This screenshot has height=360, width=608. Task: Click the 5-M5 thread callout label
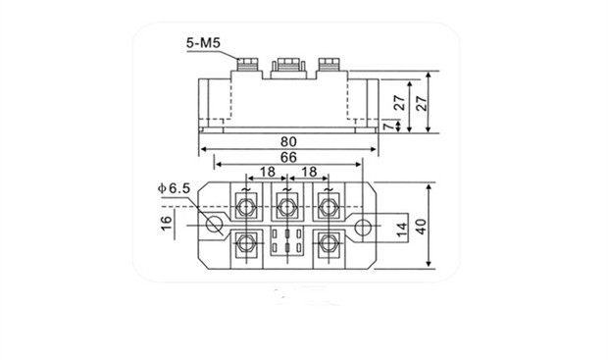click(203, 43)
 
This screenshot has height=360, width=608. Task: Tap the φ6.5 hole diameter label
click(175, 188)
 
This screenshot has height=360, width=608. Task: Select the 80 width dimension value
click(288, 141)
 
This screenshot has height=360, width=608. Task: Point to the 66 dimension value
click(288, 157)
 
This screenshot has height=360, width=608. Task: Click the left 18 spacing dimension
click(267, 172)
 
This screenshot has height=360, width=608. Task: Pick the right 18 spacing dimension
click(309, 172)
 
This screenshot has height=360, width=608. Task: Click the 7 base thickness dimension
click(386, 126)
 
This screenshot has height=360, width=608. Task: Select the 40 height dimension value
click(421, 227)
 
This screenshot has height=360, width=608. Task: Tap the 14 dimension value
click(402, 230)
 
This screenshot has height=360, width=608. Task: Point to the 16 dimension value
click(167, 223)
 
